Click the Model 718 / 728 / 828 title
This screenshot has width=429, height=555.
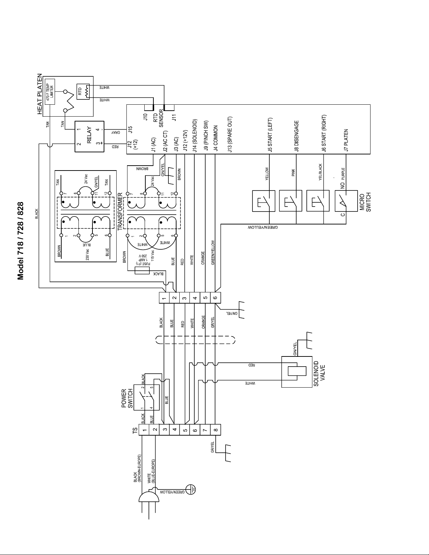tap(20, 241)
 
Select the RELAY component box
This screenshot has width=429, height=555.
tap(90, 137)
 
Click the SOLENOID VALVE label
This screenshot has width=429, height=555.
tap(319, 374)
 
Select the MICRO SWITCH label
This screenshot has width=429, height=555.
tap(365, 202)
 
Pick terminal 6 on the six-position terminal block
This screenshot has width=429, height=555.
tap(215, 298)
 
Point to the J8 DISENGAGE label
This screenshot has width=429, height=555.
tap(296, 136)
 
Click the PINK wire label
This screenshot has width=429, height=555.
tap(293, 172)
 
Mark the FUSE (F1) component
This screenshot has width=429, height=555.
tap(142, 270)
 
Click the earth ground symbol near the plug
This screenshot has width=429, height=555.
tap(191, 489)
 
